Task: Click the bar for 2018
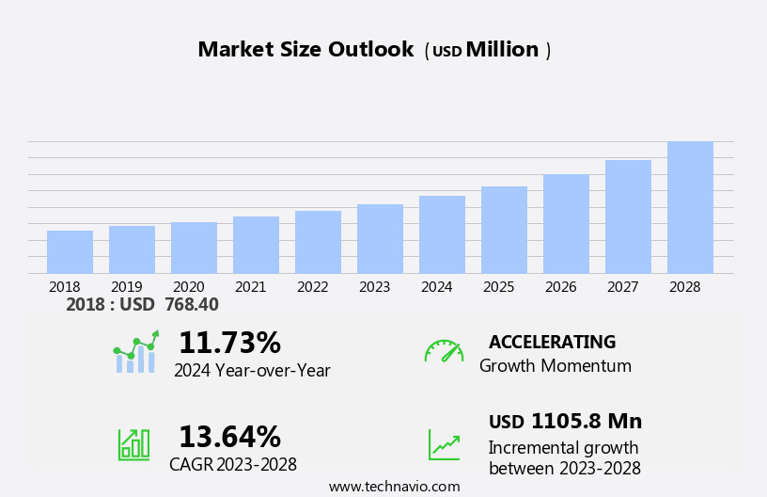(70, 252)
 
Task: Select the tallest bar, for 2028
(690, 208)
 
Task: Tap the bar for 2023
(380, 239)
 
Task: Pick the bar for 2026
(566, 224)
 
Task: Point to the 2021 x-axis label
(250, 287)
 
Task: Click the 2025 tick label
(498, 287)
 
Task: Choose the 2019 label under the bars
(126, 287)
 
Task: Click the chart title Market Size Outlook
(305, 50)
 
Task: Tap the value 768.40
(192, 305)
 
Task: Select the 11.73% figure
(229, 343)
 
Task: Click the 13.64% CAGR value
(229, 437)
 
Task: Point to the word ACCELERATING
(552, 343)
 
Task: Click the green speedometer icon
(444, 351)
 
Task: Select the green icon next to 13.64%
(133, 444)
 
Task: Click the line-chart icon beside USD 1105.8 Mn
(444, 444)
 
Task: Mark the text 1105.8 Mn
(587, 422)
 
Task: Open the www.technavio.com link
(394, 487)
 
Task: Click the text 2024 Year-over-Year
(252, 371)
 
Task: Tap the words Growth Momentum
(555, 366)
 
